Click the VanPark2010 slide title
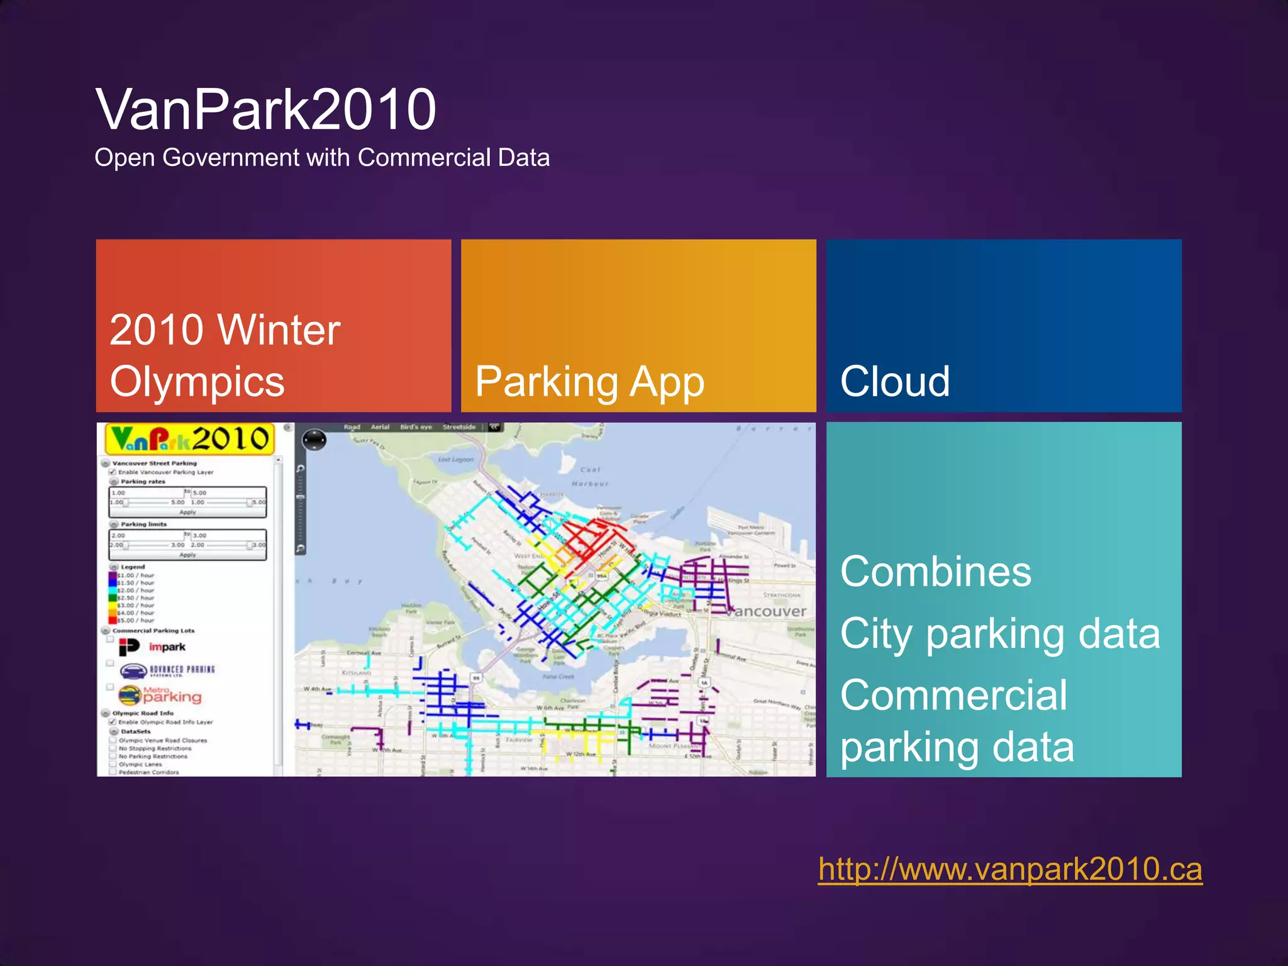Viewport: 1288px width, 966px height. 265,110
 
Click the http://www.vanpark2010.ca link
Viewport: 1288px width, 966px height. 1009,869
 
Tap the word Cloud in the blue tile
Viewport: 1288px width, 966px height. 894,382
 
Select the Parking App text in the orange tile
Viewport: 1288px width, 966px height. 589,382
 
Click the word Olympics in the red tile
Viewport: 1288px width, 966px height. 197,382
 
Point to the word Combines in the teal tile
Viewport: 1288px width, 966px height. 935,572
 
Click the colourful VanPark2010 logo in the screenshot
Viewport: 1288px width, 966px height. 190,439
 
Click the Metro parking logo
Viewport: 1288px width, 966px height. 160,695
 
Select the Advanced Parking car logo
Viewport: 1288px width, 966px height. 134,671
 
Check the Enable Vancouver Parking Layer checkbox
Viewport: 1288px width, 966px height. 113,472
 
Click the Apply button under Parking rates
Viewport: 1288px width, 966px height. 187,512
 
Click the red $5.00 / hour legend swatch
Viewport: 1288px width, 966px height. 113,620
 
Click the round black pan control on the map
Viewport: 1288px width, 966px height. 314,439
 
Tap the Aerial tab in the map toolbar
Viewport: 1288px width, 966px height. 380,427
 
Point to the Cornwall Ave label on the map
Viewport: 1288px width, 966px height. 364,653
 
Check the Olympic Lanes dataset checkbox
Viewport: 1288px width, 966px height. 113,765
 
